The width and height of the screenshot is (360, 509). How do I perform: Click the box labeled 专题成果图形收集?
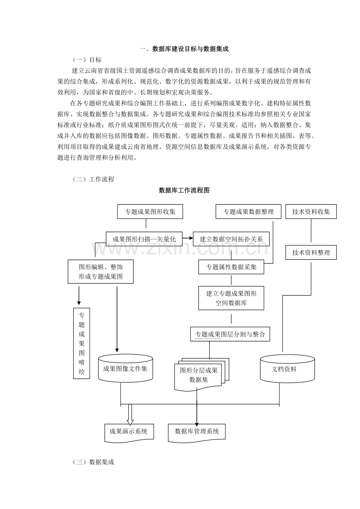150,211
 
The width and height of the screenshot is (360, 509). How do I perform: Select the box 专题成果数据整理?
248,211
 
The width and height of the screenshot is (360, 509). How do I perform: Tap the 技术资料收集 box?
311,211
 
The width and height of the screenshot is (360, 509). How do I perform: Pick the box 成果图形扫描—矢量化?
144,239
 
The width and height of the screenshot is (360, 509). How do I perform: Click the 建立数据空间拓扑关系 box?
231,239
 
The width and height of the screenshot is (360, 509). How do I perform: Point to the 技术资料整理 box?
311,253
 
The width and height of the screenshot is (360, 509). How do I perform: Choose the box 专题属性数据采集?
231,267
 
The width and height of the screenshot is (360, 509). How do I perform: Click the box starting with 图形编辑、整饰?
101,272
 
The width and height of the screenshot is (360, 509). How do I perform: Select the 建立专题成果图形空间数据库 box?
231,298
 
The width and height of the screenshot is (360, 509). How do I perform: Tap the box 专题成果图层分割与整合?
230,334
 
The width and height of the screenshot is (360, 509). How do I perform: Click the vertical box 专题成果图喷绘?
81,343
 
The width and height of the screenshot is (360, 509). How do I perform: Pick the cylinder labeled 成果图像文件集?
125,368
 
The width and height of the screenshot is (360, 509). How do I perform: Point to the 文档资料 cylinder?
287,368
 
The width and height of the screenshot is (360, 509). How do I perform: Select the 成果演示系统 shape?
129,432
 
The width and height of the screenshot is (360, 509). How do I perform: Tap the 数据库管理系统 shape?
197,432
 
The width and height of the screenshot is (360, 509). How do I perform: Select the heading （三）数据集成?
94,462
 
